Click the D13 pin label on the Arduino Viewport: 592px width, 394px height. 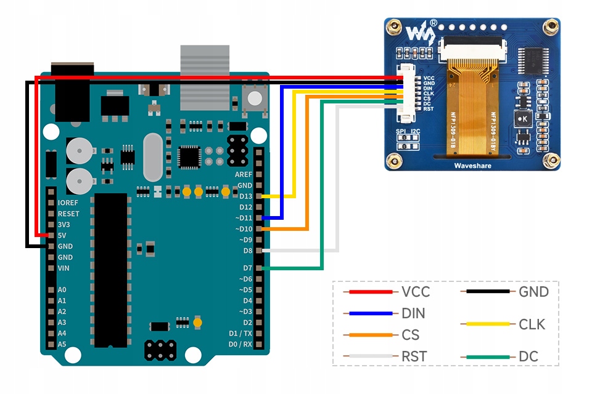(x=245, y=196)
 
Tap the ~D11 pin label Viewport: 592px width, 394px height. (x=244, y=218)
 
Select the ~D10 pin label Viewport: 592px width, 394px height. (x=244, y=229)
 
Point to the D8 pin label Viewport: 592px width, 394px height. (x=247, y=251)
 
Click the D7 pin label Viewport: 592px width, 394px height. (x=247, y=268)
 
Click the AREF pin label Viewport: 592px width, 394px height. (x=244, y=174)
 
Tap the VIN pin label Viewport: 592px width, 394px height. (x=64, y=268)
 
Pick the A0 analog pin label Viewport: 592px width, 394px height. (x=62, y=290)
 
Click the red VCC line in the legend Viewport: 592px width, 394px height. (x=371, y=292)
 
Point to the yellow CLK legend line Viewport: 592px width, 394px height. (x=488, y=324)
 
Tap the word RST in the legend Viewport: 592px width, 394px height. (x=414, y=356)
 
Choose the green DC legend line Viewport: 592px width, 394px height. (x=488, y=356)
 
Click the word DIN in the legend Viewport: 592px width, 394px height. (x=413, y=313)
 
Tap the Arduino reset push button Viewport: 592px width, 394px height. (x=255, y=97)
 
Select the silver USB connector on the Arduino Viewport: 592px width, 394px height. (x=204, y=76)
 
